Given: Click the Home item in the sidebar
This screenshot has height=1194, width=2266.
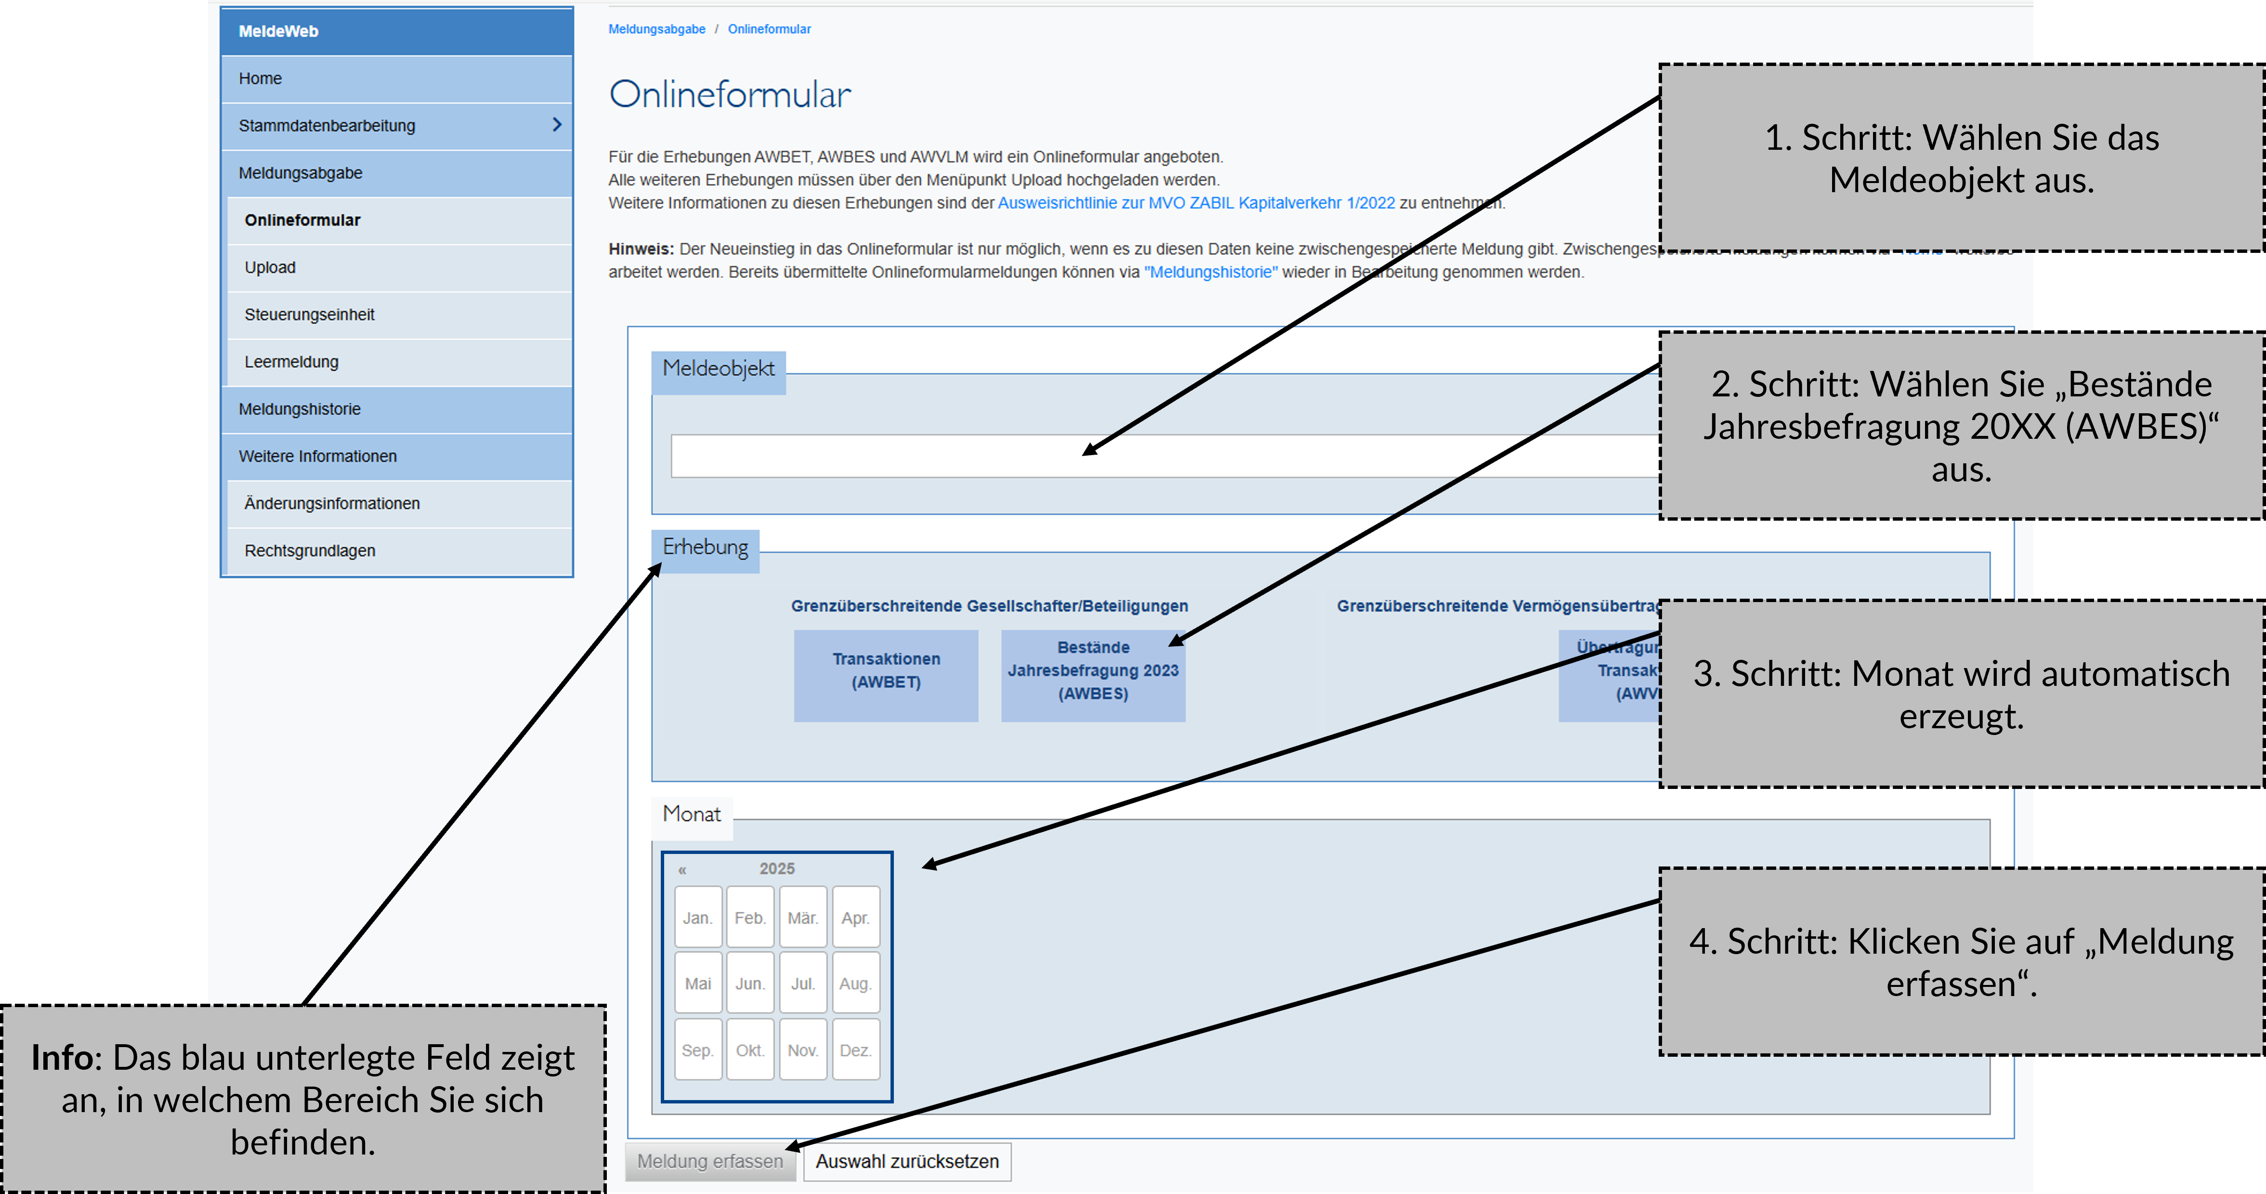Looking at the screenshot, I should click(261, 79).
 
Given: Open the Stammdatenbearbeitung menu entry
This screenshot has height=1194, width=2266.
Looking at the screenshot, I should click(327, 126).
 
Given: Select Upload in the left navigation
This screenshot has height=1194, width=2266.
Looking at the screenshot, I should click(270, 267).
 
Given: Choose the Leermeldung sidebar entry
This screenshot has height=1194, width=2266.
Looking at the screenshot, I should click(291, 362).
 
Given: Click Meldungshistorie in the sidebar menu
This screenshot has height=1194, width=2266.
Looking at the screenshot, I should click(300, 409).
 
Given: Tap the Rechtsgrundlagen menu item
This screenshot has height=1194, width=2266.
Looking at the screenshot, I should click(310, 551).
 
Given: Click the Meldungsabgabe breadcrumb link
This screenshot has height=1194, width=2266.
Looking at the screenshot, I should click(656, 29).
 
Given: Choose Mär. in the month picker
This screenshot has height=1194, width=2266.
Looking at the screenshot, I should click(802, 917).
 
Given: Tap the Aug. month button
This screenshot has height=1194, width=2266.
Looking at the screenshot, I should click(855, 983).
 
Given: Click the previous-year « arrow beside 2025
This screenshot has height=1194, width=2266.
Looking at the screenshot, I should click(682, 869).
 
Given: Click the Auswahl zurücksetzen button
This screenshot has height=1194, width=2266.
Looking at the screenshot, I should click(907, 1161).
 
